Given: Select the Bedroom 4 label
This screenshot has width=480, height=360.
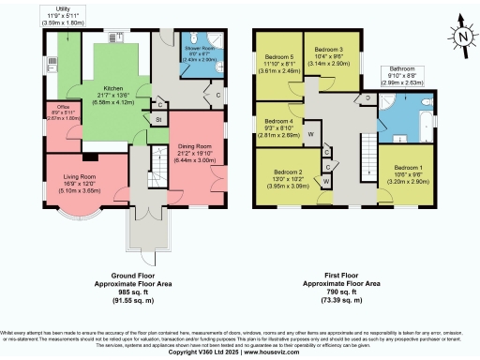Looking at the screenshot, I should coord(277,121).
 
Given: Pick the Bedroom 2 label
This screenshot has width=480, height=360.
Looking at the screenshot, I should coord(289,172).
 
